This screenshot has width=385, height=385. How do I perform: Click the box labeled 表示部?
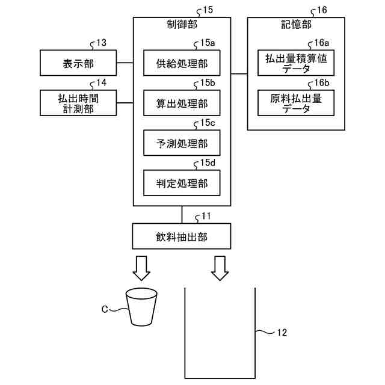point(78,63)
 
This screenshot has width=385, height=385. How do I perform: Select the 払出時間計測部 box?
point(78,103)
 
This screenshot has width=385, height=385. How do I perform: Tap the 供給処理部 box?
point(182,63)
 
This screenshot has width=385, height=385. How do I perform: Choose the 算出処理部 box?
point(182,103)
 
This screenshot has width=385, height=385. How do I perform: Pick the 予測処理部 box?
point(182,143)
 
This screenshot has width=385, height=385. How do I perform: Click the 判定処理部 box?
point(182,183)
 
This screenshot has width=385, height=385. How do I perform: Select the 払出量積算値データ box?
point(296,63)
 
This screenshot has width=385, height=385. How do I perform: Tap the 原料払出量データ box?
point(296,103)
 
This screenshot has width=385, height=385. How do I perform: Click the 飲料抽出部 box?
point(182,236)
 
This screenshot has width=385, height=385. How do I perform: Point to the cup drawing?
point(141,307)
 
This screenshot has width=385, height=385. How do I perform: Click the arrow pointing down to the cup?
point(141,268)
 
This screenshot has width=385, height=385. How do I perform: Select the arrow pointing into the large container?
point(220,268)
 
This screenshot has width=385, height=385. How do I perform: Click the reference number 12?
point(282,333)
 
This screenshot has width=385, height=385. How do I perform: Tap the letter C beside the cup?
point(105,309)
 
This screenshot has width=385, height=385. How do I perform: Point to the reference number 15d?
point(208,162)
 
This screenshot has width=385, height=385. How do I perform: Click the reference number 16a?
point(322,43)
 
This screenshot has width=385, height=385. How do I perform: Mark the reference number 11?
point(206,216)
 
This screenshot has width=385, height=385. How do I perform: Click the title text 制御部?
point(182,24)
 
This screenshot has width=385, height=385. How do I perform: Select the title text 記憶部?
point(296,24)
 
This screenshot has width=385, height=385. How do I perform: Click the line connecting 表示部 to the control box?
point(125,63)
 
